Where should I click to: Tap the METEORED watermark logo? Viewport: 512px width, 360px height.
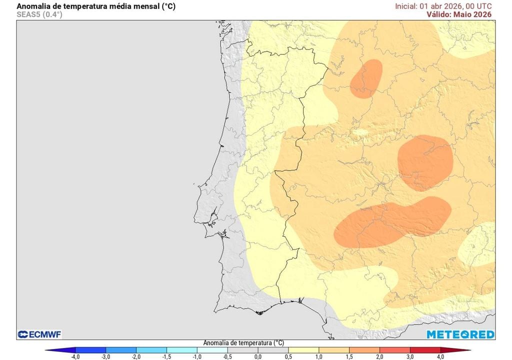pyautogui.click(x=460, y=334)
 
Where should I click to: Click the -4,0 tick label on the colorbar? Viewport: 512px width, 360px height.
pyautogui.click(x=75, y=356)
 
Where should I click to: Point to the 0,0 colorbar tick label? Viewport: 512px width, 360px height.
pyautogui.click(x=258, y=356)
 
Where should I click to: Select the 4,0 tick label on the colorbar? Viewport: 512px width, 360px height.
pyautogui.click(x=440, y=356)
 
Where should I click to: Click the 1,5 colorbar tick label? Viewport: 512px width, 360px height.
pyautogui.click(x=349, y=356)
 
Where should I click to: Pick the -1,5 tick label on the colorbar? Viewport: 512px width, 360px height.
pyautogui.click(x=166, y=356)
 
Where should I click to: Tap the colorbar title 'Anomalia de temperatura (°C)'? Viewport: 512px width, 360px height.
pyautogui.click(x=243, y=343)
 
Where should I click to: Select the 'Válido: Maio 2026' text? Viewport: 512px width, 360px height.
pyautogui.click(x=459, y=14)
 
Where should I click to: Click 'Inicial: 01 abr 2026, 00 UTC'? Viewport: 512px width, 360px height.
pyautogui.click(x=443, y=6)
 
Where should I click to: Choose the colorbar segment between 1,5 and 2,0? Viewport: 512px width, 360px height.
pyautogui.click(x=364, y=350)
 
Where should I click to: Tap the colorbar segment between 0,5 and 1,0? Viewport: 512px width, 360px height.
pyautogui.click(x=303, y=350)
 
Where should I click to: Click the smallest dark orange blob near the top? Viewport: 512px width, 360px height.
pyautogui.click(x=366, y=78)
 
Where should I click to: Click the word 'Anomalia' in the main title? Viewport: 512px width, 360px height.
pyautogui.click(x=33, y=6)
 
